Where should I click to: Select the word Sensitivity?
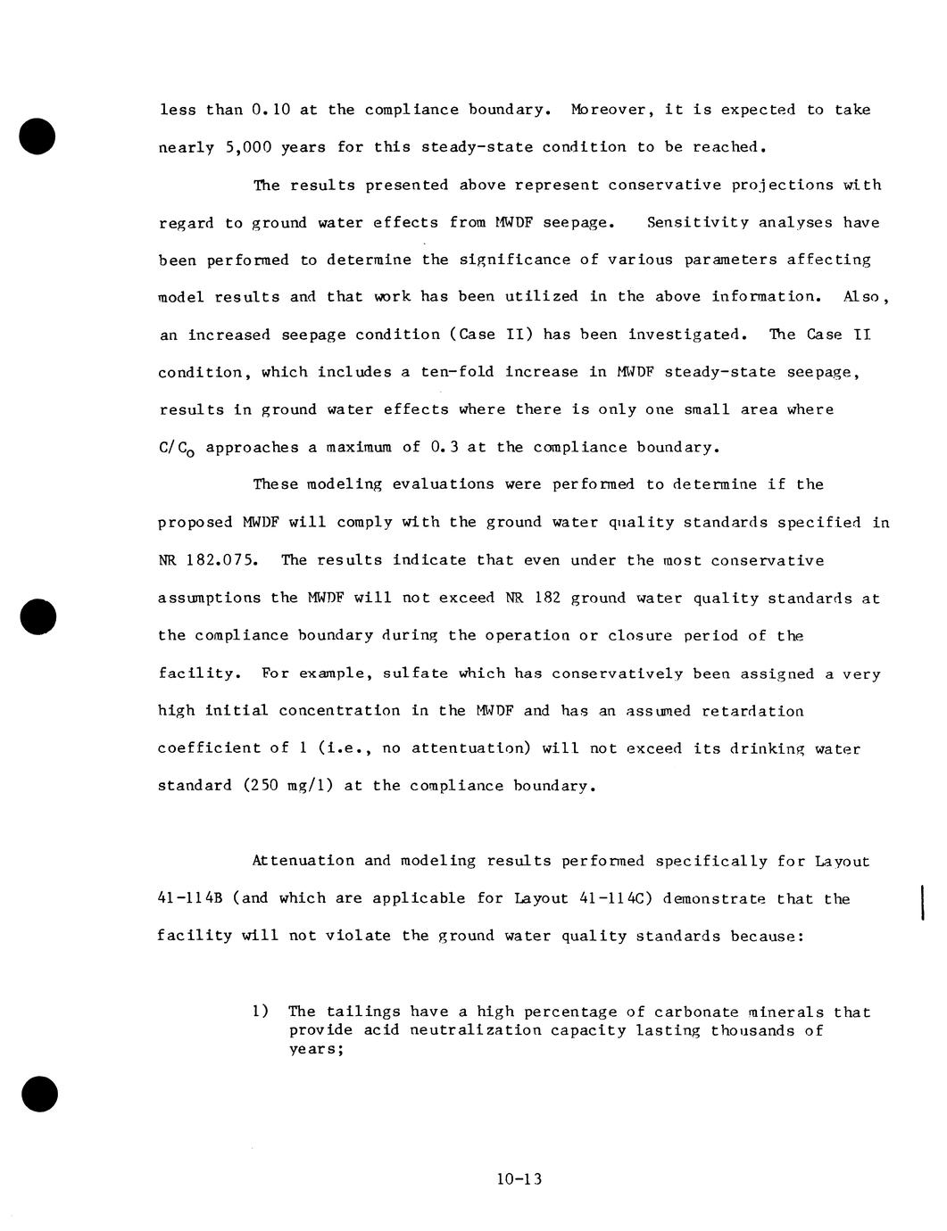click(x=697, y=222)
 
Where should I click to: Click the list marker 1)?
click(x=260, y=1012)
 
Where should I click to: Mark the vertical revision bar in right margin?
click(x=920, y=899)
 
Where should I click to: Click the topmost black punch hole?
click(x=37, y=136)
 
